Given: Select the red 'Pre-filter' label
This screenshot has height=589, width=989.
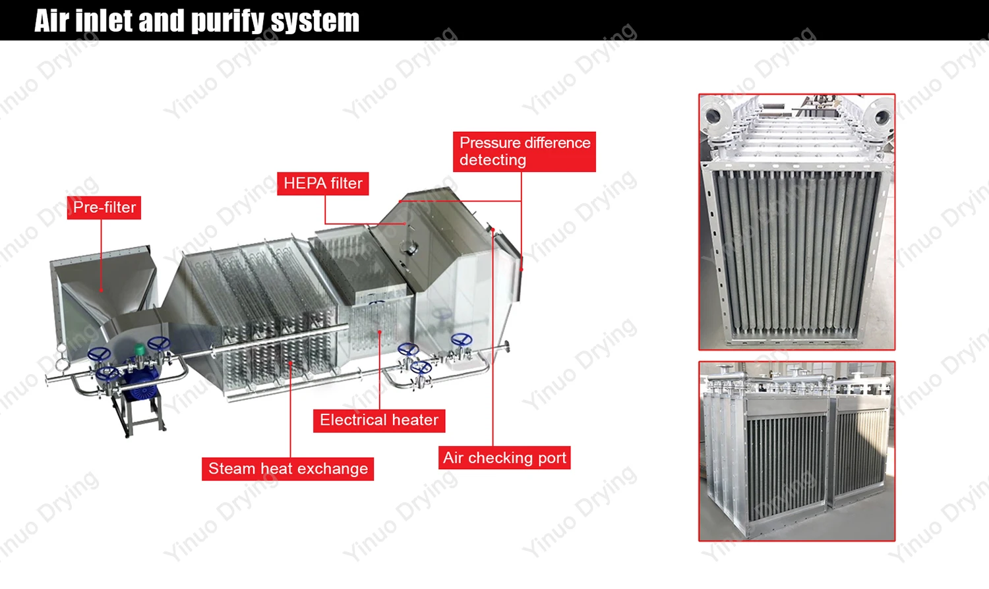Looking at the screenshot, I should pos(104,208).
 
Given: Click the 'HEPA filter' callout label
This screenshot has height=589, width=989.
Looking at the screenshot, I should pos(322,183).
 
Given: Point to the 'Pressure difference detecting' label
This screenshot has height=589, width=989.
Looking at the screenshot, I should pos(524,152).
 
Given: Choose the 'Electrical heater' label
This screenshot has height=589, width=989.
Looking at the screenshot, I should pos(379,420).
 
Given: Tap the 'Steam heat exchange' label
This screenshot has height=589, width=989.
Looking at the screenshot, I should pos(287,469).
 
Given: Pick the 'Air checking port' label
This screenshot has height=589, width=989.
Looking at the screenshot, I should pos(504,458).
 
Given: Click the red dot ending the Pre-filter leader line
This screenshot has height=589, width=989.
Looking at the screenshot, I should pos(102,290).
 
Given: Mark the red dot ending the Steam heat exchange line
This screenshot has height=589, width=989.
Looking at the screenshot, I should pos(291,362).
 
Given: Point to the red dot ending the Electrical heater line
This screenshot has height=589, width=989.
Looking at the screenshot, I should pos(380,332).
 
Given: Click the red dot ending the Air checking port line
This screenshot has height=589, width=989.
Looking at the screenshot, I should pos(493,229).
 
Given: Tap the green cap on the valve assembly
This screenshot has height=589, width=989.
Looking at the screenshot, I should pos(140,349).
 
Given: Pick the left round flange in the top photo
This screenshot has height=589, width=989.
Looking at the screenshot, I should pos(713,116).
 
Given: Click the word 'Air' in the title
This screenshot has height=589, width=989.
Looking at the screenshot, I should pos(51,21).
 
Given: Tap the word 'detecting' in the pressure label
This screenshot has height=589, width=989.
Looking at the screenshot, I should pos(493,160).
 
